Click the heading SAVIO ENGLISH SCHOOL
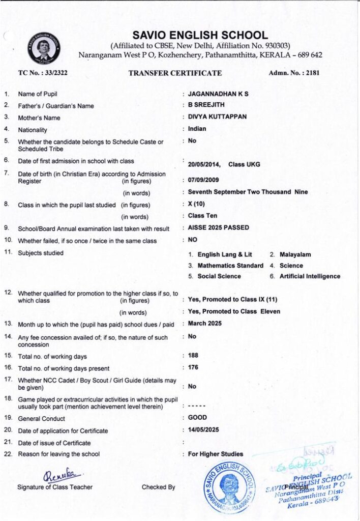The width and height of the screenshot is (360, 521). (200, 35)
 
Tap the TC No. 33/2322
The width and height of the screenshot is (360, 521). (43, 73)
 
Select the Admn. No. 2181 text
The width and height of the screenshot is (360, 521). (294, 73)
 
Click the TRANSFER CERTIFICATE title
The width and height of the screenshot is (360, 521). (175, 73)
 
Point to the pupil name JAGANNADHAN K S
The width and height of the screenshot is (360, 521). (218, 94)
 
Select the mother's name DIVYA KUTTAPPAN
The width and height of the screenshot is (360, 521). (217, 117)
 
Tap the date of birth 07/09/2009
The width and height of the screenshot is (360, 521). (204, 180)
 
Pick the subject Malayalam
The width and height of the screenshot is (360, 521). (294, 254)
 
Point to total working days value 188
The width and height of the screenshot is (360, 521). (193, 355)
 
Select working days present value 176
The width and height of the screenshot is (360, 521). (193, 367)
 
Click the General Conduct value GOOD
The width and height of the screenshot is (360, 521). (197, 417)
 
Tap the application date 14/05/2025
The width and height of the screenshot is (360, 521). (203, 429)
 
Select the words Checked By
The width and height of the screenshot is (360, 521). (158, 487)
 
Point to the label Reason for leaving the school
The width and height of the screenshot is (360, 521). (59, 454)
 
